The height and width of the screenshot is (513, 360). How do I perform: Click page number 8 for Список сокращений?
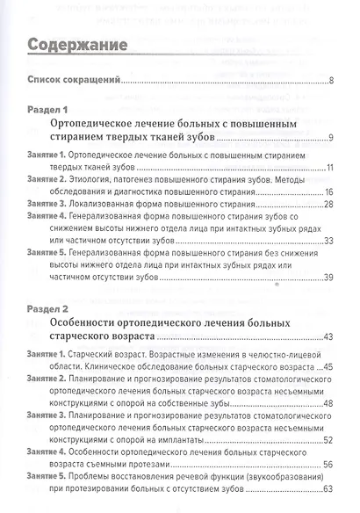click(330, 82)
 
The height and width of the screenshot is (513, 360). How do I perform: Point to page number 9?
click(330, 138)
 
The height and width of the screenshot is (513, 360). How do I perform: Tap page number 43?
click(328, 337)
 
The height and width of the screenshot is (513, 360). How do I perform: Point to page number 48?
click(328, 403)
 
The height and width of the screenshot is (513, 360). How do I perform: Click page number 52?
click(328, 439)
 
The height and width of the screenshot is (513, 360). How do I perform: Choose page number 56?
click(328, 464)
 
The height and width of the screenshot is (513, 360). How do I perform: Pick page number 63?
click(328, 488)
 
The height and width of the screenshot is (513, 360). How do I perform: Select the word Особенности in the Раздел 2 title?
click(90, 324)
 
